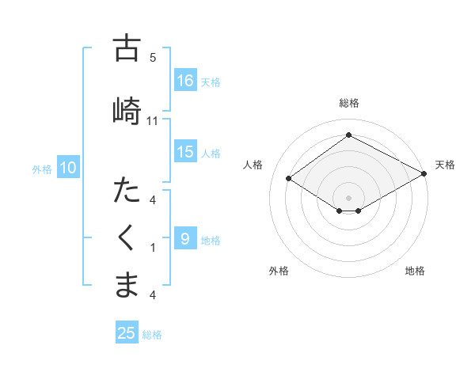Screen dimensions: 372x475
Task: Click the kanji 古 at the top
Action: pyautogui.click(x=127, y=48)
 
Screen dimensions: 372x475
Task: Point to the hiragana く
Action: pyautogui.click(x=127, y=238)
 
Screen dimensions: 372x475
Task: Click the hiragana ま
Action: pyautogui.click(x=127, y=285)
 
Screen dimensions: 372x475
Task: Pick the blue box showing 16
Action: pyautogui.click(x=185, y=80)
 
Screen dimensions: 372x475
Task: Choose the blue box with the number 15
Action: pyautogui.click(x=185, y=152)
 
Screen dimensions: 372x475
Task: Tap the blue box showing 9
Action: pyautogui.click(x=185, y=239)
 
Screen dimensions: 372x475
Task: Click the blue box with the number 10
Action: pyautogui.click(x=68, y=168)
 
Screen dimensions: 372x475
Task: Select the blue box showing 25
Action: pyautogui.click(x=127, y=333)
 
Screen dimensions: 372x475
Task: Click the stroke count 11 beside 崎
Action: pyautogui.click(x=153, y=120)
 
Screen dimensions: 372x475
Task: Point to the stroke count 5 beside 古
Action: pyautogui.click(x=153, y=58)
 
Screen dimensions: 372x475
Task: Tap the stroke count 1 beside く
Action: pyautogui.click(x=153, y=248)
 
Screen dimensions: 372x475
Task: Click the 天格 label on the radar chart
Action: pyautogui.click(x=445, y=165)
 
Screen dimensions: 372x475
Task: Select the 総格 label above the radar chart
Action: pyautogui.click(x=348, y=103)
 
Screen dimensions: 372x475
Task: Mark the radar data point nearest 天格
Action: pyautogui.click(x=425, y=175)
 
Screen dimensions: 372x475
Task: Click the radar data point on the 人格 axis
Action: pyautogui.click(x=289, y=179)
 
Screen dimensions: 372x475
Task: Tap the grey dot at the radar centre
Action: pyautogui.click(x=348, y=196)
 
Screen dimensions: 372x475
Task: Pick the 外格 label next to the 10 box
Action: pyautogui.click(x=41, y=169)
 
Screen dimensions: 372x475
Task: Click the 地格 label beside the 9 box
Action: pyautogui.click(x=211, y=240)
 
